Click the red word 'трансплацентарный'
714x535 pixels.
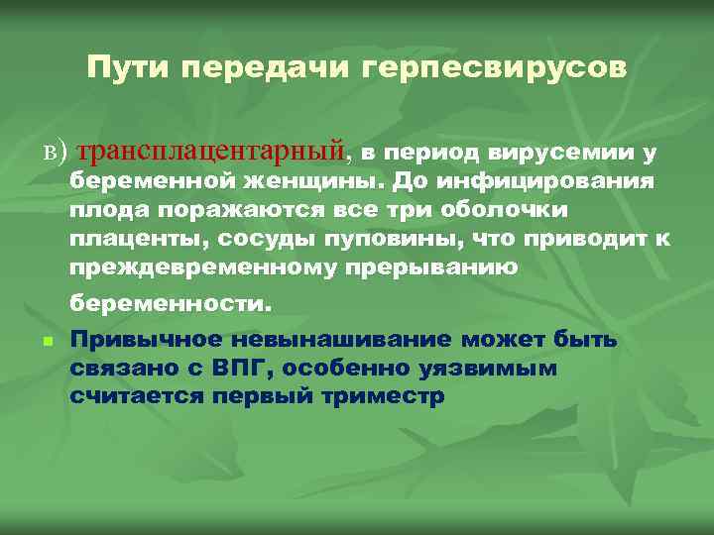point(214,152)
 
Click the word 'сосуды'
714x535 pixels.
point(273,240)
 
